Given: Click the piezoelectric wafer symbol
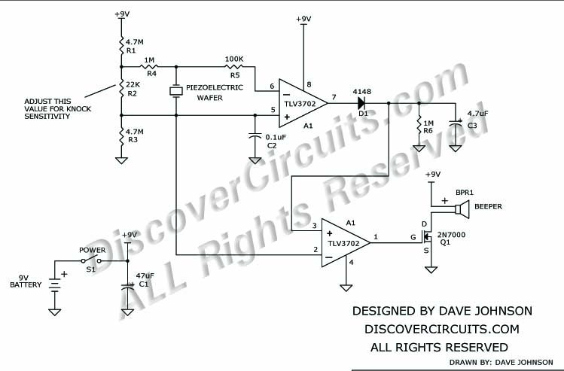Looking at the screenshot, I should coord(176,91).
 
